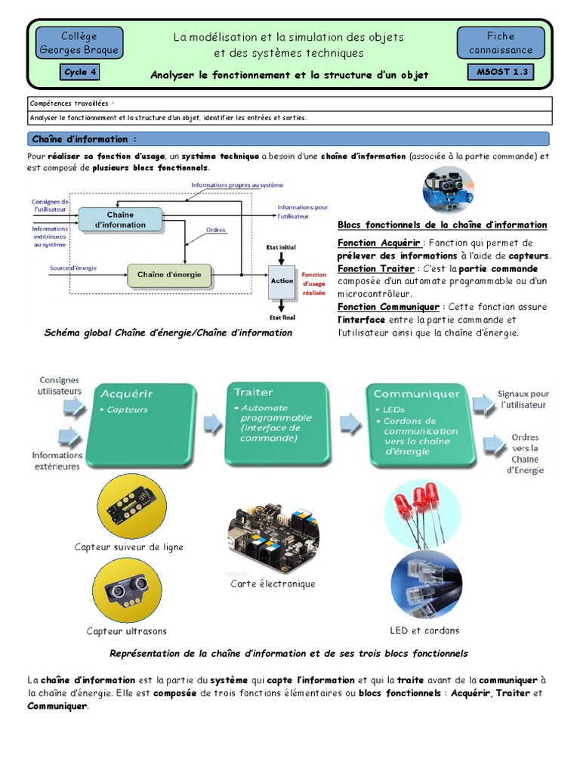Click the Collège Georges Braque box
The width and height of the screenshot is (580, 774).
click(x=79, y=44)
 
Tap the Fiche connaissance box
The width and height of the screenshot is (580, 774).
click(x=500, y=42)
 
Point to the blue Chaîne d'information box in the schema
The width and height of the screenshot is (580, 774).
click(x=120, y=220)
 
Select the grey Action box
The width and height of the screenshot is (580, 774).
click(x=282, y=280)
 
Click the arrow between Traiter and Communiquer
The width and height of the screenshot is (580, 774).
click(x=349, y=421)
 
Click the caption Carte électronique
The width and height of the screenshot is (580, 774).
click(x=273, y=584)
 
